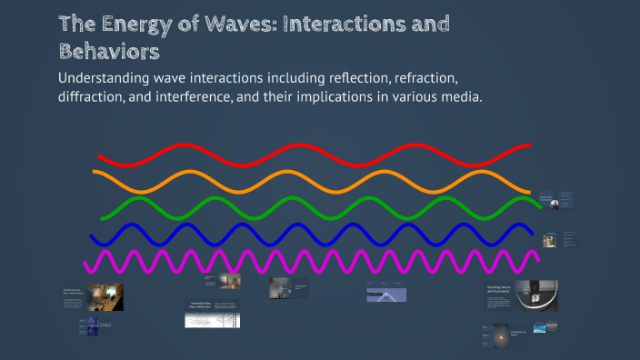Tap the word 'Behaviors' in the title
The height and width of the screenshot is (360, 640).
[x=109, y=50]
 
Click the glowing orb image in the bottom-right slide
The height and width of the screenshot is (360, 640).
[x=497, y=335]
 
